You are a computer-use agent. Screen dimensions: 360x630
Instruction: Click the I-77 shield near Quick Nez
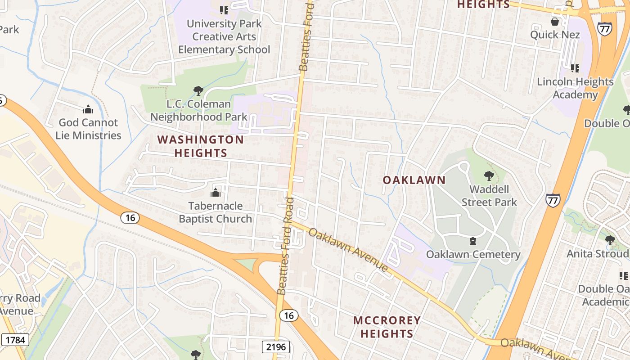tap(604, 29)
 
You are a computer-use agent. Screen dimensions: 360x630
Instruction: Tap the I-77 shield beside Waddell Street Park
tap(553, 200)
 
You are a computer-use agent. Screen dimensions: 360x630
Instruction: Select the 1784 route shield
tap(15, 340)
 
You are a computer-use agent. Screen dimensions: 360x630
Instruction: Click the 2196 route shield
tap(275, 346)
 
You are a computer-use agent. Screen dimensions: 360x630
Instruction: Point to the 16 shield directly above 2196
tap(288, 315)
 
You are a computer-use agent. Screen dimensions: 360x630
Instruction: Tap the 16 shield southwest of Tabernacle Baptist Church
tap(130, 218)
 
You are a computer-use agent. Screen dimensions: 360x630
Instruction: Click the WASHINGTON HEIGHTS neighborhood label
tap(201, 146)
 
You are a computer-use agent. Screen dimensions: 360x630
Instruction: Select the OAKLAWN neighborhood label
tap(414, 180)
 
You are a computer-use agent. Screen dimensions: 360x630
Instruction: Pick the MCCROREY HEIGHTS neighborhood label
tap(387, 327)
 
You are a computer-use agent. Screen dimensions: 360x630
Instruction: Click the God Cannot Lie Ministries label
tap(88, 129)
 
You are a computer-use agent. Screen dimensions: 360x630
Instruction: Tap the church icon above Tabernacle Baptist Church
tap(216, 193)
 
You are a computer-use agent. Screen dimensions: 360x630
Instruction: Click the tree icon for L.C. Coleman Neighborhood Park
tap(198, 91)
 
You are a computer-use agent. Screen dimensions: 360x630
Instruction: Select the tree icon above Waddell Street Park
tap(489, 176)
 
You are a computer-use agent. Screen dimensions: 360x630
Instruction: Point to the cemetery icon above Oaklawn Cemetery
tap(473, 242)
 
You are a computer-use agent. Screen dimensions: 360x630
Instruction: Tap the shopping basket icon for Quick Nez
tap(555, 22)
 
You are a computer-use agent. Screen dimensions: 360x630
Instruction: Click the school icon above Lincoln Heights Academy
tap(575, 68)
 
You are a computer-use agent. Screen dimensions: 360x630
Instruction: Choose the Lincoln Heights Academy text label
tap(575, 88)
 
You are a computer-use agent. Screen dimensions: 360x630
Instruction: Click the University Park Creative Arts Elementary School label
tap(224, 36)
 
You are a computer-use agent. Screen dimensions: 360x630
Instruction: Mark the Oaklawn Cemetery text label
tap(473, 254)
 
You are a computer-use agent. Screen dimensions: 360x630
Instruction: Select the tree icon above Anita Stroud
tap(610, 240)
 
